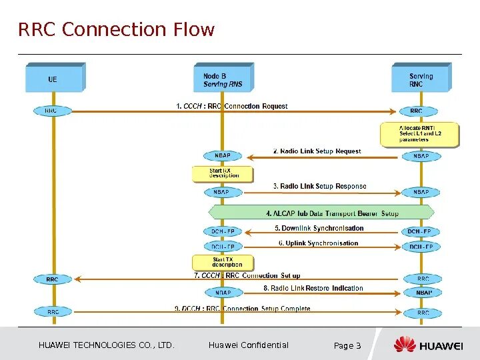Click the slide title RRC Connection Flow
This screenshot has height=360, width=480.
pos(117,30)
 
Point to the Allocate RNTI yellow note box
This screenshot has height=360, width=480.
pos(420,134)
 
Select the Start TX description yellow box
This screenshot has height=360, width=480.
pos(223,262)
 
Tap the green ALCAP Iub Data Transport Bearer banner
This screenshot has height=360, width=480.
pos(322,213)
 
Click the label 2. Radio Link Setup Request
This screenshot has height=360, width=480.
pos(317,151)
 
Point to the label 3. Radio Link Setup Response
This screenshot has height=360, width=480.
pos(319,187)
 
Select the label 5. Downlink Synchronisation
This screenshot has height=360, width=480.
pos(319,229)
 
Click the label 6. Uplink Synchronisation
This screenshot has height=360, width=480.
pos(318,243)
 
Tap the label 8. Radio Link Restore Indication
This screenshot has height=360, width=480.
pos(313,289)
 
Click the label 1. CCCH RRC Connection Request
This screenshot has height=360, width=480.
pos(232,106)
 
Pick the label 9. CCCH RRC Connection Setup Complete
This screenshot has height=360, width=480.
pos(242,309)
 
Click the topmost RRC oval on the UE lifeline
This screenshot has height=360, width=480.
pos(51,111)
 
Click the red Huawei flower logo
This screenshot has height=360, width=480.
pos(405,345)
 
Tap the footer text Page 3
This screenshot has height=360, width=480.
pos(347,345)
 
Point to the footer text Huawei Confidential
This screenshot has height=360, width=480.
pos(248,345)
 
